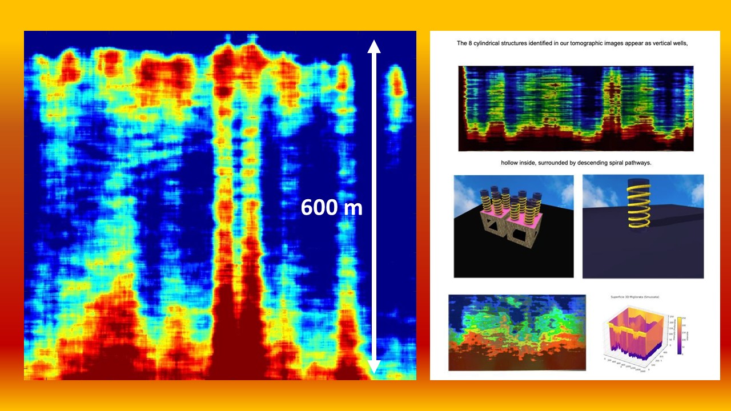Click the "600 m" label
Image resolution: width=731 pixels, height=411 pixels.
coord(332,208)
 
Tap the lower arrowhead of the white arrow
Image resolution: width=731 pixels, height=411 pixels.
coord(373,367)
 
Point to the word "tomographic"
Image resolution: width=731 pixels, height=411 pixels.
coord(584,43)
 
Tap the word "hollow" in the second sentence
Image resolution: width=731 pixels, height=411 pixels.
coord(511,163)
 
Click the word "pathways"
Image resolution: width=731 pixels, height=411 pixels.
coord(636,163)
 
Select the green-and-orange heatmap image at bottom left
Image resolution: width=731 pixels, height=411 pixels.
coord(517,332)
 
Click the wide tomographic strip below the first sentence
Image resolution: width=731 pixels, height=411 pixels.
coord(576,108)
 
